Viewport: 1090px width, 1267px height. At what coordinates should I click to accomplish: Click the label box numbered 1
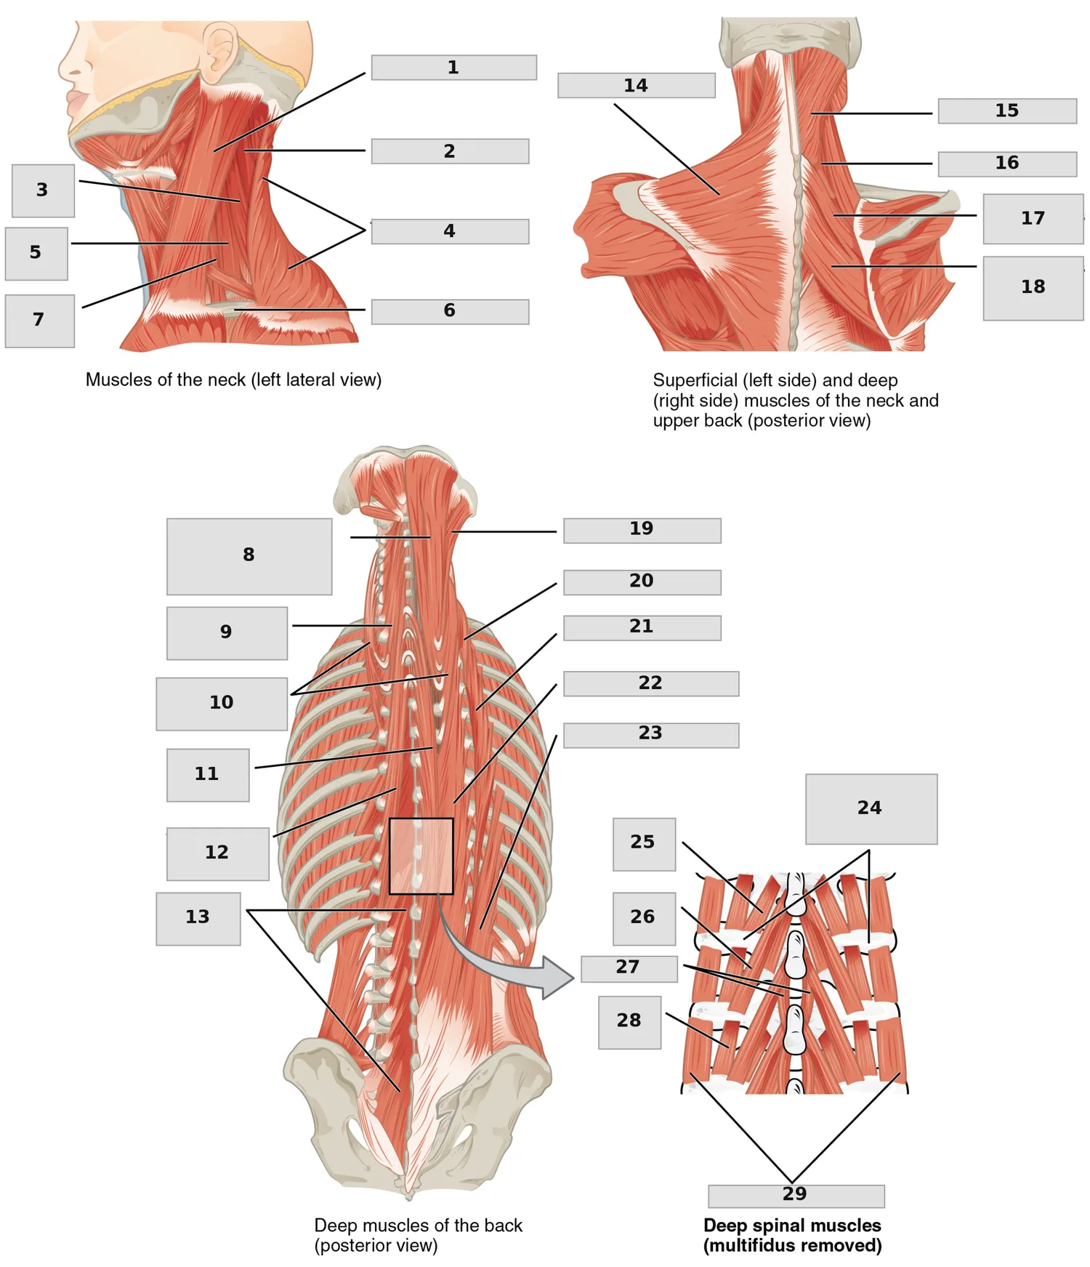pyautogui.click(x=454, y=68)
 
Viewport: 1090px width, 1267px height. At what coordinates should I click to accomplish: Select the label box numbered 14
pyautogui.click(x=637, y=85)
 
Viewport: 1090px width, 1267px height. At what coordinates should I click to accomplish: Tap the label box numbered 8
pyautogui.click(x=249, y=557)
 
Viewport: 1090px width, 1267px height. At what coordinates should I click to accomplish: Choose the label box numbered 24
pyautogui.click(x=871, y=809)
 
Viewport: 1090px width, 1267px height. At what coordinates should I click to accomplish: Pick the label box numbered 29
pyautogui.click(x=796, y=1196)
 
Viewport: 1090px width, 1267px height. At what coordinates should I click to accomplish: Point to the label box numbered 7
pyautogui.click(x=40, y=321)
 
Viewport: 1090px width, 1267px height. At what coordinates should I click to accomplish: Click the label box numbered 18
pyautogui.click(x=1033, y=288)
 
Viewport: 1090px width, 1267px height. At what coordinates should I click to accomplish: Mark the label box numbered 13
pyautogui.click(x=198, y=919)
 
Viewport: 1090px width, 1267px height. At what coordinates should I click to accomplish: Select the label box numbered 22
pyautogui.click(x=651, y=684)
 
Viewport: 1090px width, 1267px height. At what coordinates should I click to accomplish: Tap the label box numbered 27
pyautogui.click(x=629, y=969)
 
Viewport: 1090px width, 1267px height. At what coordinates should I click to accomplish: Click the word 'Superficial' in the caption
pyautogui.click(x=693, y=380)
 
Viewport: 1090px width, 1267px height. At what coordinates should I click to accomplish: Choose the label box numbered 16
pyautogui.click(x=1007, y=164)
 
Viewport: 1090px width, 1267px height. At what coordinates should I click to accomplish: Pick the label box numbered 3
pyautogui.click(x=44, y=191)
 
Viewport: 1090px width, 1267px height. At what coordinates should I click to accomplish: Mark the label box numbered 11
pyautogui.click(x=208, y=776)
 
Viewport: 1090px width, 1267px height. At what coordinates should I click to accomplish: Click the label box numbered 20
pyautogui.click(x=642, y=582)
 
